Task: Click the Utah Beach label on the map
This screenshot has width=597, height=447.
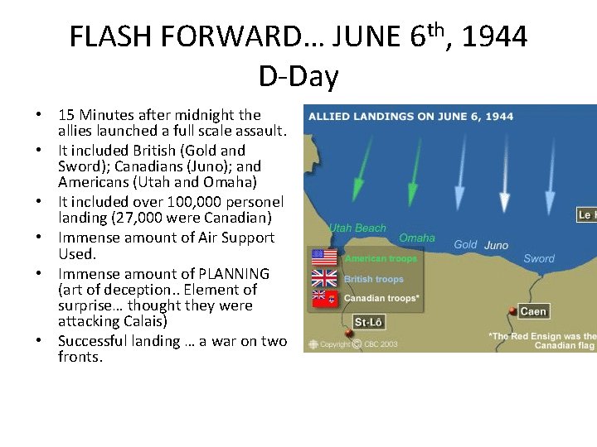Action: pyautogui.click(x=357, y=228)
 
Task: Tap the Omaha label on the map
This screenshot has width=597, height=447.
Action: pyautogui.click(x=417, y=238)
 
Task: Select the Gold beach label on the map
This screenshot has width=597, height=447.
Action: pyautogui.click(x=465, y=245)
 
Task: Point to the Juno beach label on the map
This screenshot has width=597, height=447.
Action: pyautogui.click(x=496, y=245)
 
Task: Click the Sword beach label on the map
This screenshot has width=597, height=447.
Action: pyautogui.click(x=539, y=259)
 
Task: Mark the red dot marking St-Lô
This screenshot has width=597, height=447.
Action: pyautogui.click(x=348, y=334)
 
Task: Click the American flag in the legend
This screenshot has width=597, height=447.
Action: pyautogui.click(x=323, y=258)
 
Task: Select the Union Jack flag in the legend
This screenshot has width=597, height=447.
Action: pyautogui.click(x=323, y=277)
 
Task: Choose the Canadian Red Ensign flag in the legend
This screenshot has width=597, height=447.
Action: pyautogui.click(x=323, y=297)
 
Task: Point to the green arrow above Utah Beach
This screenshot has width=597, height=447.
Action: pyautogui.click(x=358, y=170)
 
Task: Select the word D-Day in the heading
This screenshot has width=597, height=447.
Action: pyautogui.click(x=298, y=76)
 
